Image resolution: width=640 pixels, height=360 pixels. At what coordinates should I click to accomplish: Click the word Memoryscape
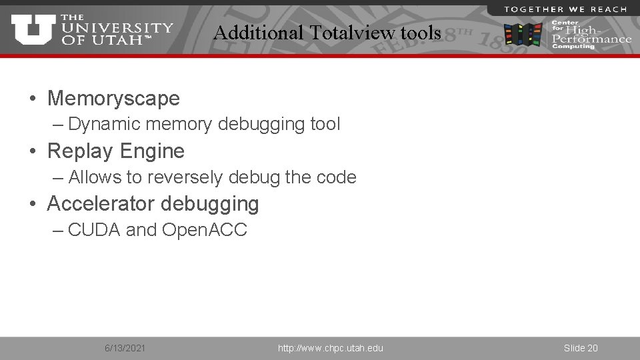[113, 99]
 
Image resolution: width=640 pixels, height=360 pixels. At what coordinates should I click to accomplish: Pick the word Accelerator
[100, 203]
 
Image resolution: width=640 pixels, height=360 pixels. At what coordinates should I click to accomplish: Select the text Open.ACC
[205, 230]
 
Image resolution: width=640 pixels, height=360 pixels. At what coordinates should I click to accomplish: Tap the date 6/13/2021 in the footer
[125, 348]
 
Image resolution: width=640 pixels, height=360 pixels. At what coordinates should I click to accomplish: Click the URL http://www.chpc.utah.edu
[331, 348]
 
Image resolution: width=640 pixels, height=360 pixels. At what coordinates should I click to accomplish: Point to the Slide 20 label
[581, 348]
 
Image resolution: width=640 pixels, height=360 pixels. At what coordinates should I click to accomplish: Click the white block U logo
[33, 29]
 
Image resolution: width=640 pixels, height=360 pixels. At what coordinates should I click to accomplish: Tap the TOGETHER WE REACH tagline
[565, 9]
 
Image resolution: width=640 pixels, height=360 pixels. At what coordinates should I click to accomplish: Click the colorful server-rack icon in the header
[523, 34]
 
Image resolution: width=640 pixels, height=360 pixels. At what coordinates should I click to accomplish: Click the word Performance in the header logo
[592, 39]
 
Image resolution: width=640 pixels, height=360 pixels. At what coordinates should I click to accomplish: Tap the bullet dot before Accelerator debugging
[33, 204]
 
